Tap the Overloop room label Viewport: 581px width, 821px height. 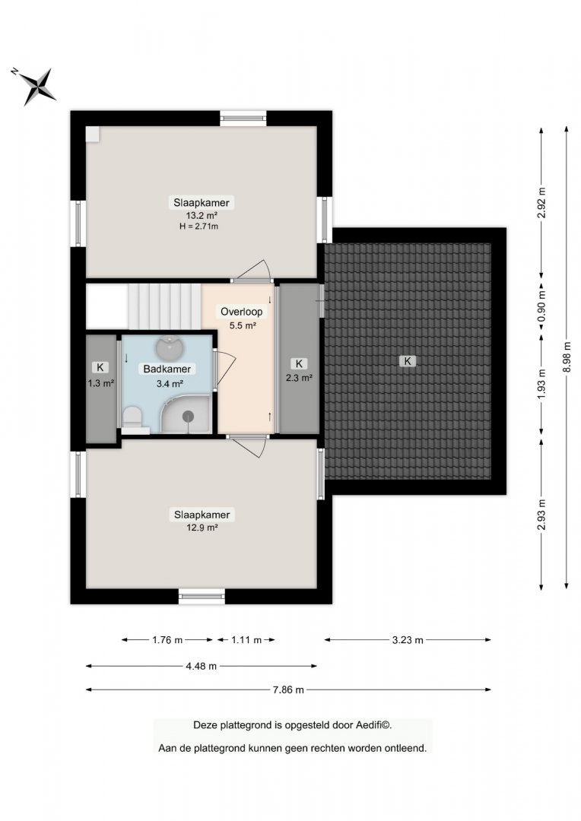coord(242,312)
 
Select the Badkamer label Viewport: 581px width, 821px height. coord(167,369)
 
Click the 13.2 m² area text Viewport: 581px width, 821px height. coord(202,215)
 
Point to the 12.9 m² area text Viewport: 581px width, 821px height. coord(202,528)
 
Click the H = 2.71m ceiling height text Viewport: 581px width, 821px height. coord(198,227)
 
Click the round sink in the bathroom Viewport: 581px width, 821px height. coord(170,346)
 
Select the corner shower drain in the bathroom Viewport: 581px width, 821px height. coord(188,417)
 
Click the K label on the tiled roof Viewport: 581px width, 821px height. coord(407,361)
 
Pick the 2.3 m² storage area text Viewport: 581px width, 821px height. coord(299,378)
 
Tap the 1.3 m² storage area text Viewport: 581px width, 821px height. coord(100,383)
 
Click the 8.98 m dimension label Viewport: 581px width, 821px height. coord(567,357)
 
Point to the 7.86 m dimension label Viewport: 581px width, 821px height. coord(288,689)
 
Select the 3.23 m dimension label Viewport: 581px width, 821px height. coord(408,640)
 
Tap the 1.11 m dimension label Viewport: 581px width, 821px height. coord(246,640)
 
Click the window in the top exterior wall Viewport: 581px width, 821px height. coord(243,118)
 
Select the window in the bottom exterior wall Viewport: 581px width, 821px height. coord(202,597)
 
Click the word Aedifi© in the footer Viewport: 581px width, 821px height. coord(373,725)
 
